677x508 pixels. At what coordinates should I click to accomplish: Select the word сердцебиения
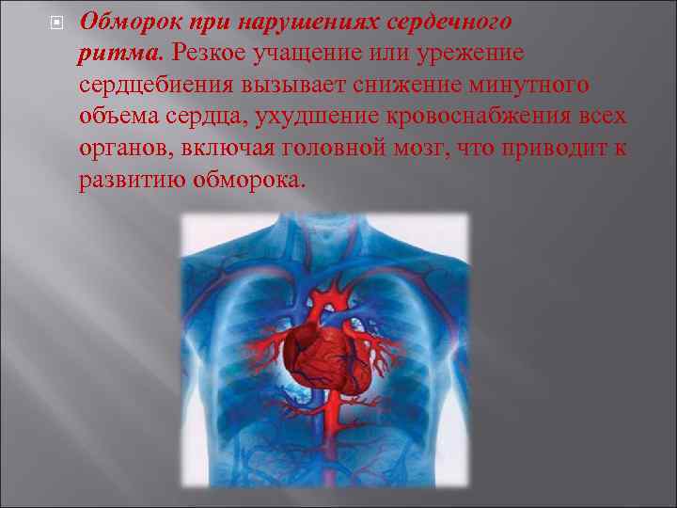click(156, 86)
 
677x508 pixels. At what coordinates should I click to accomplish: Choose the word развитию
click(130, 180)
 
